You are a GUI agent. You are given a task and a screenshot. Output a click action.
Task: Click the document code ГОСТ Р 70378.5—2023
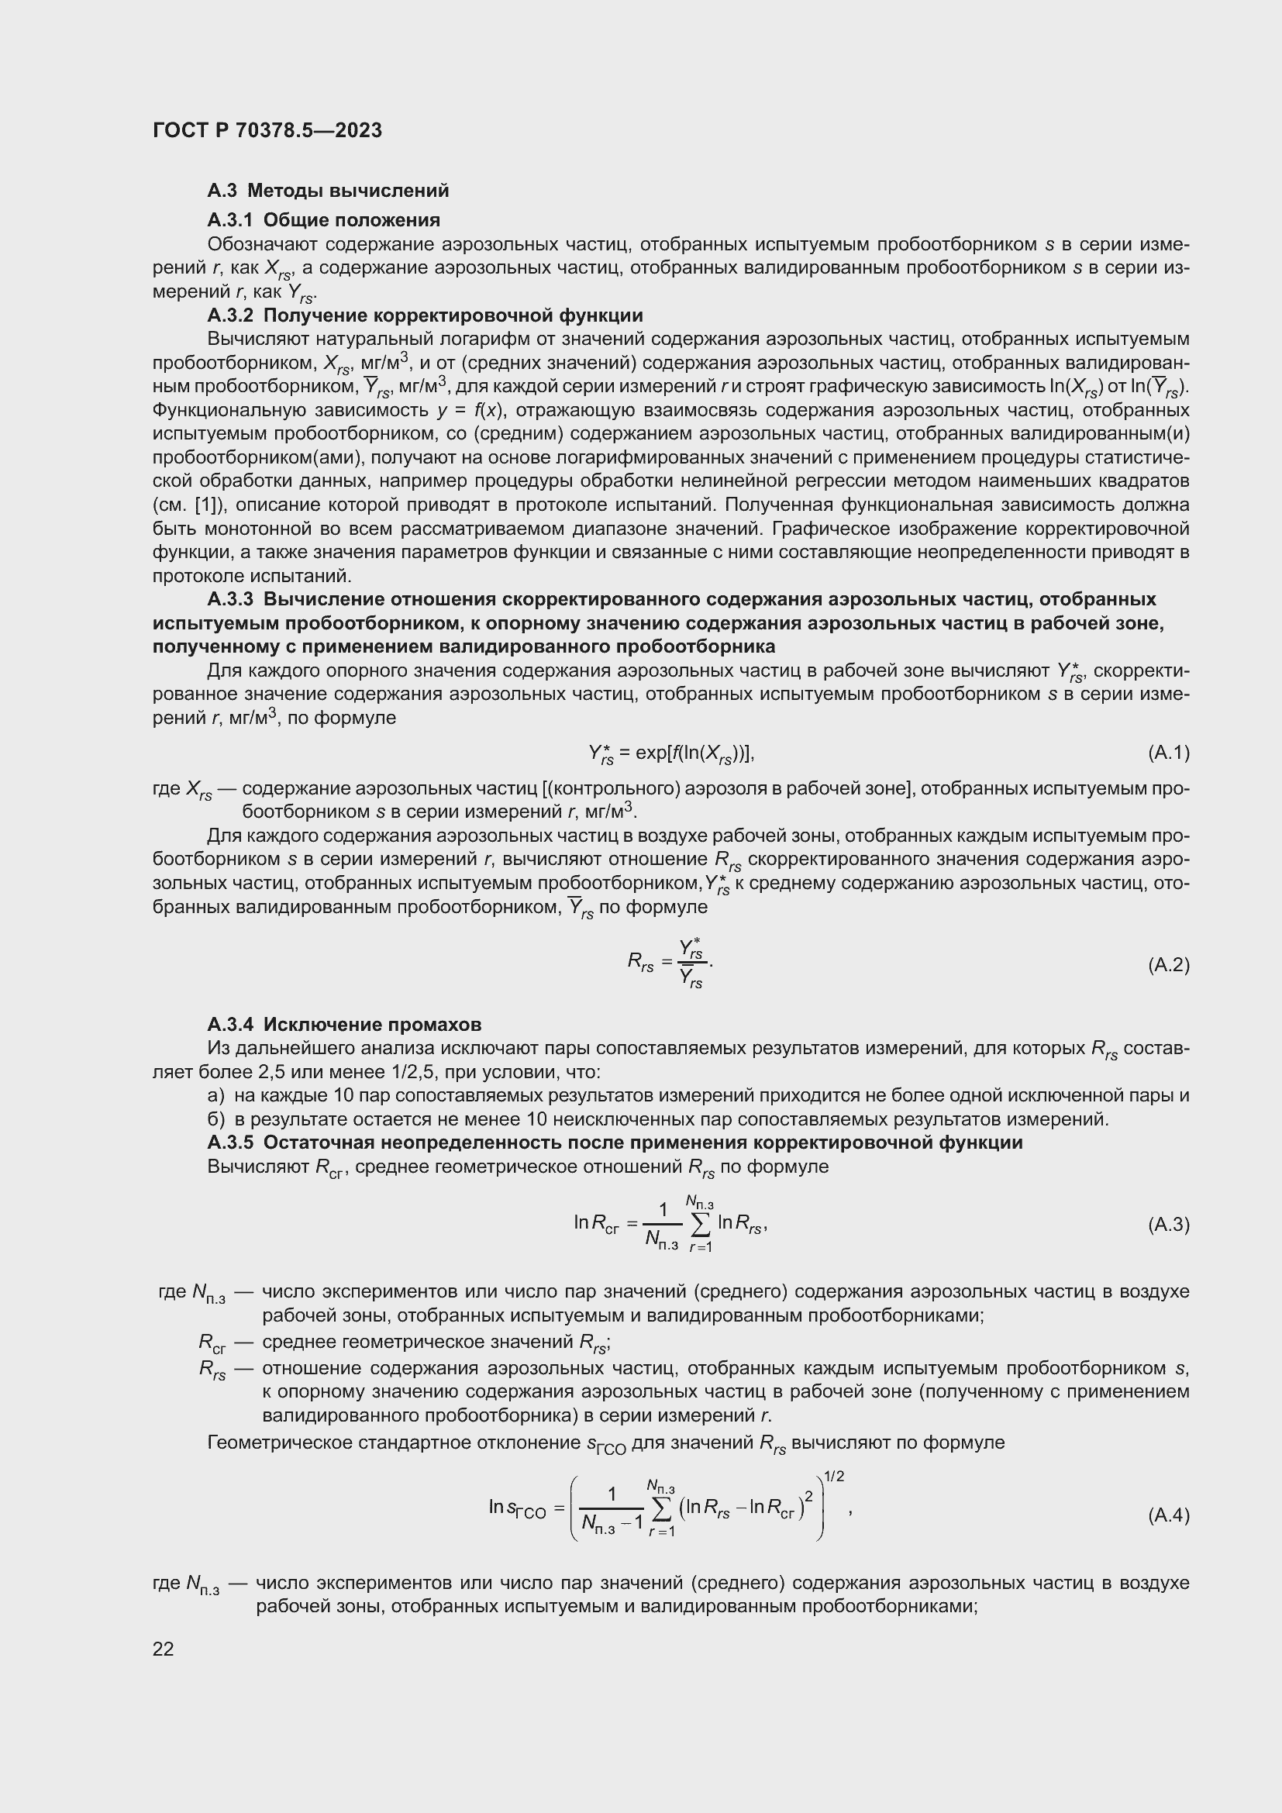[267, 130]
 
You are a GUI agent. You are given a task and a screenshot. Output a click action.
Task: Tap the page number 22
[164, 1648]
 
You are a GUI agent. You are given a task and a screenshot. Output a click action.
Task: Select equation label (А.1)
[1168, 753]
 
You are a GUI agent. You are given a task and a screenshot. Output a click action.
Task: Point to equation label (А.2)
[1168, 964]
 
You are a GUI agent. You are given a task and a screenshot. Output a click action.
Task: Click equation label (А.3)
[1168, 1224]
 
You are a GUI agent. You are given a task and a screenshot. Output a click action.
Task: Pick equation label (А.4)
[1168, 1515]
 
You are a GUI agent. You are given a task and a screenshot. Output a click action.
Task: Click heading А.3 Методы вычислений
[328, 191]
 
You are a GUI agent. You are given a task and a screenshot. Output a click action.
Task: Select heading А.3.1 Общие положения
[324, 219]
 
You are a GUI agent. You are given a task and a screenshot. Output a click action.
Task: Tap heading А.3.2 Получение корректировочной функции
[425, 315]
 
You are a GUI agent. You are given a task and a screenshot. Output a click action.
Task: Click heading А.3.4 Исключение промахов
[344, 1024]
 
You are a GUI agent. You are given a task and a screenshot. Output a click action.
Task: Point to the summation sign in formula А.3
[700, 1224]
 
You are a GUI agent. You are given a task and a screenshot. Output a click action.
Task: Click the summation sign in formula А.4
[661, 1508]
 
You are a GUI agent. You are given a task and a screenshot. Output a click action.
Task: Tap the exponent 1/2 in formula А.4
[835, 1476]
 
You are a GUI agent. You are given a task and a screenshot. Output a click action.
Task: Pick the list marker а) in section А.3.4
[216, 1095]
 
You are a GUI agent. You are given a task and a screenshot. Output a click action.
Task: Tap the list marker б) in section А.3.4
[216, 1119]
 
